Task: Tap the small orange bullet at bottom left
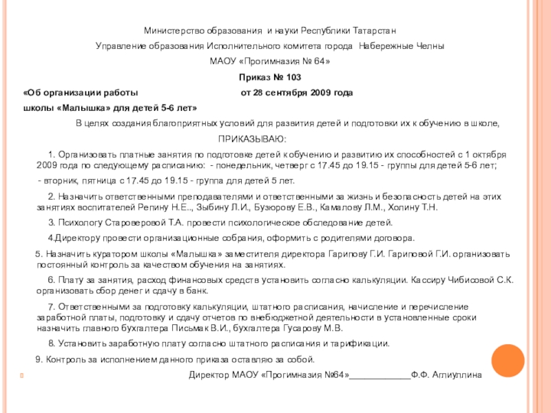pos(23,377)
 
